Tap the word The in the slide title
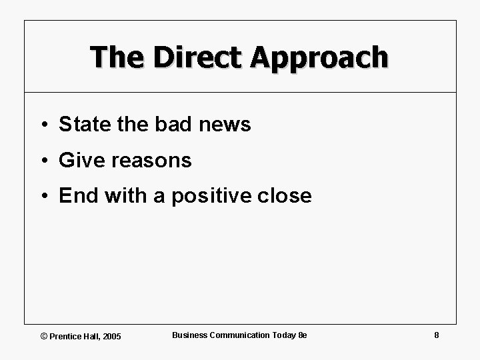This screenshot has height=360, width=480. tap(118, 57)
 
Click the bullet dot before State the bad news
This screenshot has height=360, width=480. tap(42, 125)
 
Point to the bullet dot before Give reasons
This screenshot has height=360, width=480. tap(42, 161)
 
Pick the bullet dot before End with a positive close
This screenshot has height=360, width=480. tap(42, 197)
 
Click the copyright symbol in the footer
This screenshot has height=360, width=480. tap(44, 336)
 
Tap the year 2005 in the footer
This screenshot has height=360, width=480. tap(112, 336)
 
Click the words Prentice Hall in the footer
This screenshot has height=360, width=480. tap(75, 336)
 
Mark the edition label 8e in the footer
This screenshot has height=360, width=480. tap(302, 335)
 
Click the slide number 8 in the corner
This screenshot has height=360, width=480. tap(436, 335)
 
